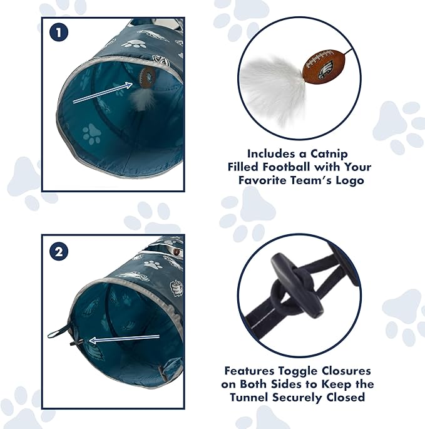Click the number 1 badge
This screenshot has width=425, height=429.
pos(58,33)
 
